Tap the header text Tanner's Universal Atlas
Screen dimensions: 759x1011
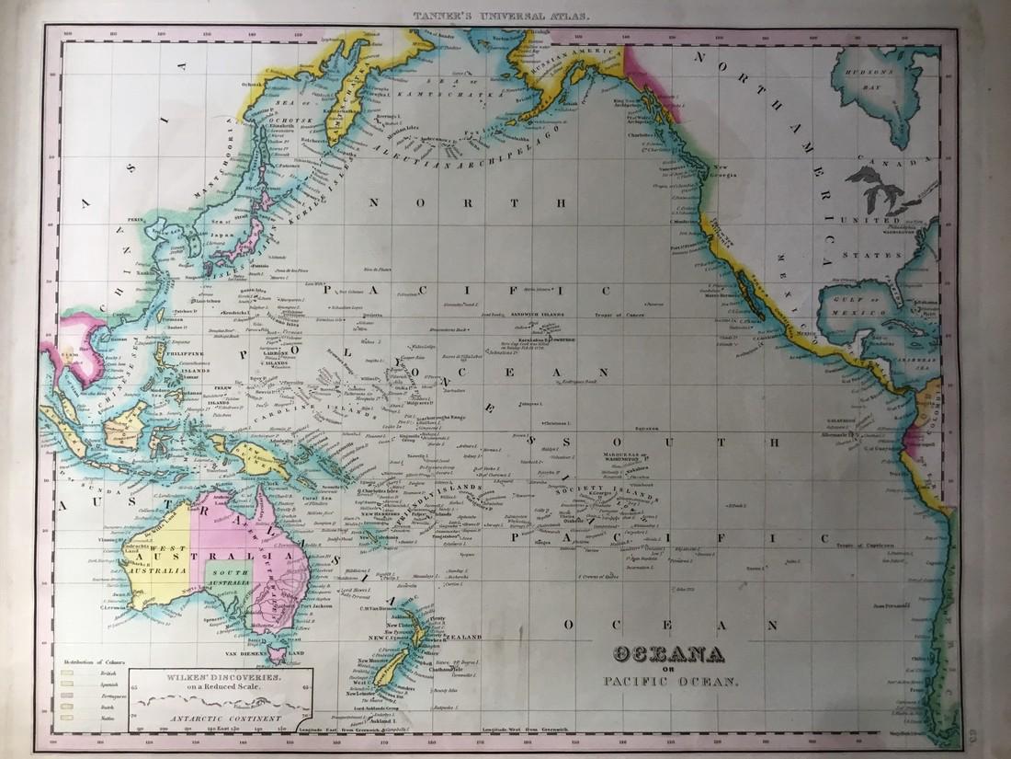point(505,16)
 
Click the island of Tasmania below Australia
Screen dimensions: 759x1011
point(277,654)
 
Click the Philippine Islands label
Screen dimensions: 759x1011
point(182,351)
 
